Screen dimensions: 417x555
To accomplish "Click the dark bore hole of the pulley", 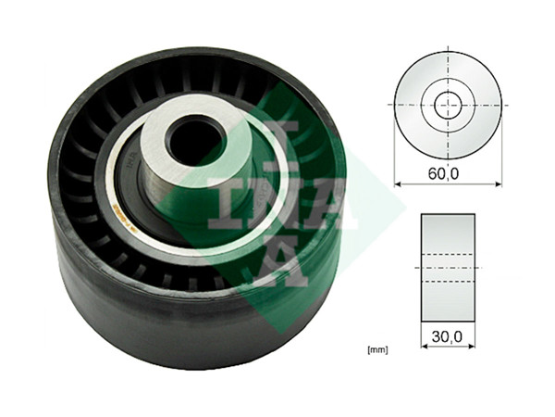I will [x=192, y=139].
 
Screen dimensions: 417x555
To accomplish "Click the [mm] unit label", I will [x=376, y=349].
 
